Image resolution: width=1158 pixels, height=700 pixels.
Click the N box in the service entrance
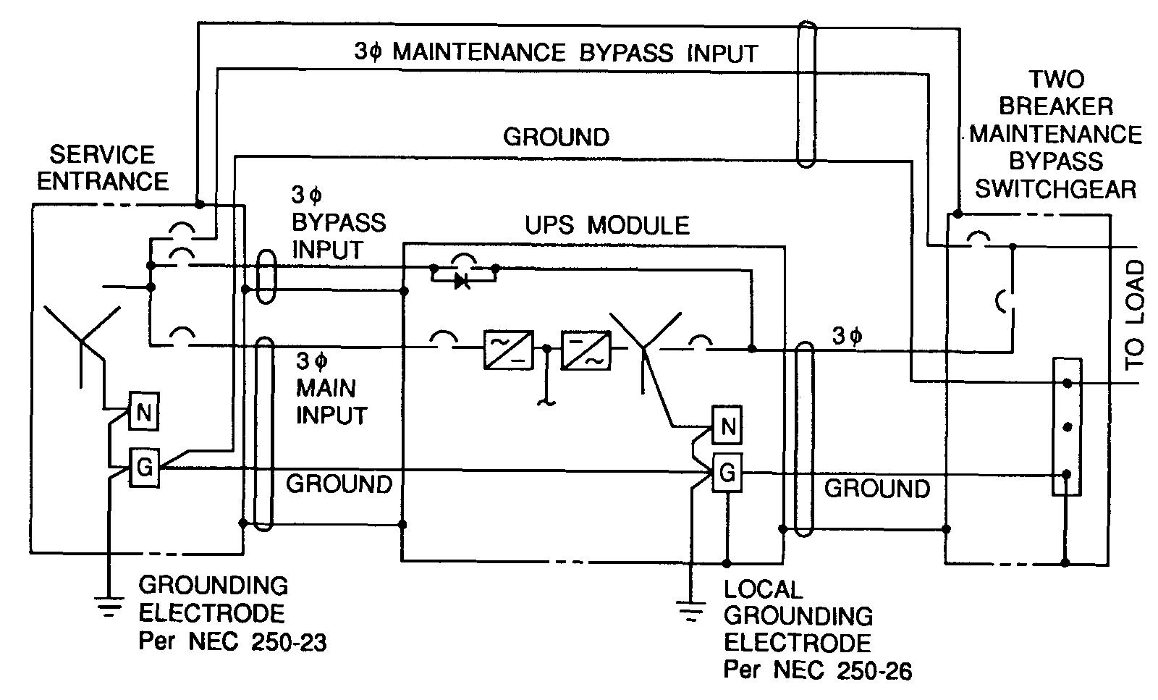click(x=143, y=414)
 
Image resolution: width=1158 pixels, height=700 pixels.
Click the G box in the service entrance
click(x=143, y=468)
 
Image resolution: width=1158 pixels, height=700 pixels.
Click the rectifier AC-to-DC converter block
click(x=507, y=350)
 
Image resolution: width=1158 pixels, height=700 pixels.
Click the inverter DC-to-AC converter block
click(x=586, y=350)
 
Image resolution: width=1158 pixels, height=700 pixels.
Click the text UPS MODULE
click(x=607, y=225)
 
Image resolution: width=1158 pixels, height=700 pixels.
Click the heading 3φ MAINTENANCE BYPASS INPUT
click(x=556, y=52)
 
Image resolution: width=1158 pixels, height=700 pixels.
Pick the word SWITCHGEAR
click(x=1055, y=189)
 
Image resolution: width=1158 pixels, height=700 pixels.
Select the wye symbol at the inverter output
click(x=645, y=340)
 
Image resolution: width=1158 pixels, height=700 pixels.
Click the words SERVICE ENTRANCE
click(x=102, y=167)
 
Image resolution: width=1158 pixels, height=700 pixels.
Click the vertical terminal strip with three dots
click(x=1066, y=427)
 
